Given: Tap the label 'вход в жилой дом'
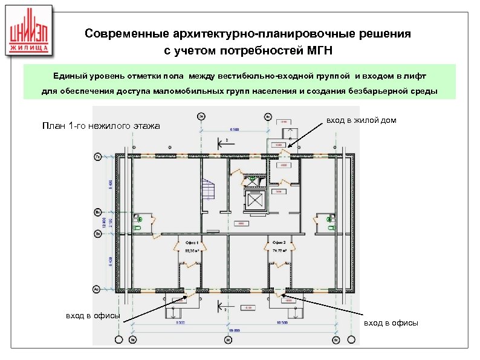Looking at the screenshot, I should pyautogui.click(x=362, y=120).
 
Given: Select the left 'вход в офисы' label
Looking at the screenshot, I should pyautogui.click(x=92, y=315).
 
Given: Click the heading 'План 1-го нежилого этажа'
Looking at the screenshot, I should pyautogui.click(x=100, y=126).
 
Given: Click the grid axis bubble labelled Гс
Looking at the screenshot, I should pyautogui.click(x=97, y=156).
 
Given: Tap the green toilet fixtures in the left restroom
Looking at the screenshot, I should pyautogui.click(x=139, y=221).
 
